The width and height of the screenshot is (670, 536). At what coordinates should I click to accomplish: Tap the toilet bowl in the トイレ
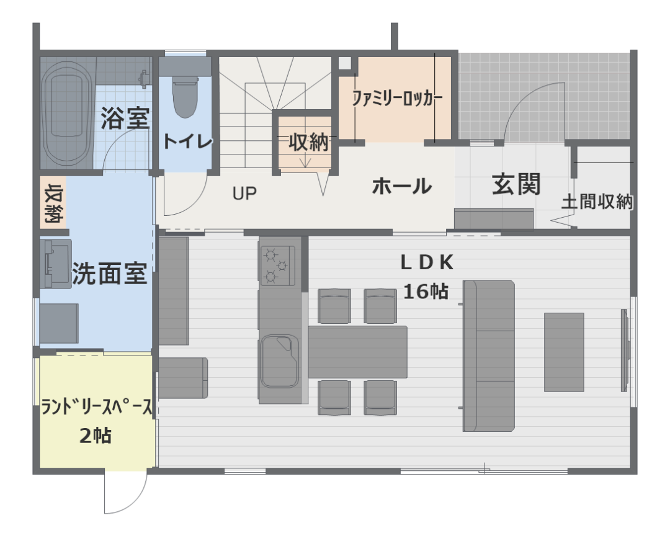(185, 97)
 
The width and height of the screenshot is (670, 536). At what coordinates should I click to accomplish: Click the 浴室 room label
(125, 118)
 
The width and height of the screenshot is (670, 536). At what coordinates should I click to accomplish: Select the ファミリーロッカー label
(397, 98)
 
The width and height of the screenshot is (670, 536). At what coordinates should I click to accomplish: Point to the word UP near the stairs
(244, 194)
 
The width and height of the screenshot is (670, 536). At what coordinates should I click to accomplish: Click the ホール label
(401, 186)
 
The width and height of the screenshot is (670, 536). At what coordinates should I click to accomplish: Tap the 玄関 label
(516, 184)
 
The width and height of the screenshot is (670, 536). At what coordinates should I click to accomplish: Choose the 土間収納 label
(597, 202)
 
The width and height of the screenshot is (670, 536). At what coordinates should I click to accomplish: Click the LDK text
(426, 263)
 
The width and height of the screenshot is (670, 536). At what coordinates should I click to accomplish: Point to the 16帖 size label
(426, 292)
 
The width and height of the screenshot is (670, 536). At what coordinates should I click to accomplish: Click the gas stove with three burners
(277, 265)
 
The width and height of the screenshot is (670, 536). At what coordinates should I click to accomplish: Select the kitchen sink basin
(280, 361)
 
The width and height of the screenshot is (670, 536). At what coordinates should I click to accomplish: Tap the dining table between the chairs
(358, 352)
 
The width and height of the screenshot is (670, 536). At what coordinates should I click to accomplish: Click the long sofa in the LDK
(489, 356)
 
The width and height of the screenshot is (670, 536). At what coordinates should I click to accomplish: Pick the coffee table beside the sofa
(564, 352)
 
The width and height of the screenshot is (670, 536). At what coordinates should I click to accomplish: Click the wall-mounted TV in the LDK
(625, 350)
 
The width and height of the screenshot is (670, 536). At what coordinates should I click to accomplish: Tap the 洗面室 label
(109, 273)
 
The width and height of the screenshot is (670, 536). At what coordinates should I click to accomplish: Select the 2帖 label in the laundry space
(96, 436)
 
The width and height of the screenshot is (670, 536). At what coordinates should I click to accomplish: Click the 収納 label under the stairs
(308, 142)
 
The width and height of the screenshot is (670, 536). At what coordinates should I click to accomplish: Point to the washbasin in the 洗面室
(56, 263)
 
